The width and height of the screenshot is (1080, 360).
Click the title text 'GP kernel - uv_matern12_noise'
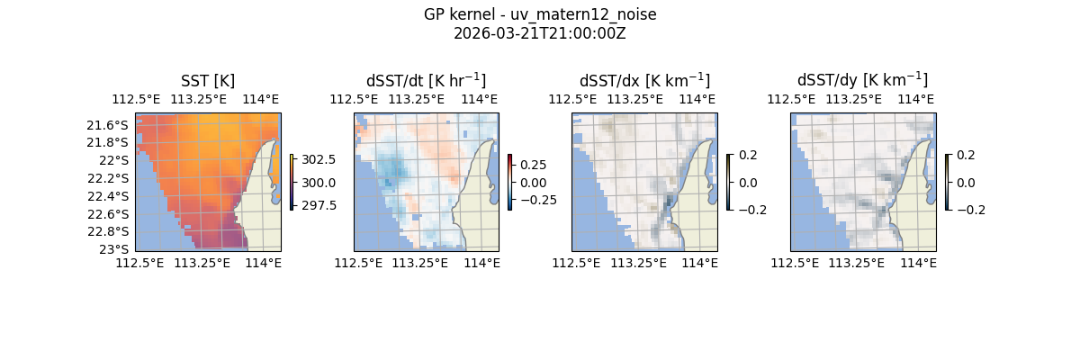tap(540, 15)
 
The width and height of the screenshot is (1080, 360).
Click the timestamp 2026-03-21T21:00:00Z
tap(540, 34)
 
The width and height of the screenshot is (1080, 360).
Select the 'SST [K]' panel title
tap(208, 81)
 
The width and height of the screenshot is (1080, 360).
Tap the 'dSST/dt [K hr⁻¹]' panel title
tap(426, 80)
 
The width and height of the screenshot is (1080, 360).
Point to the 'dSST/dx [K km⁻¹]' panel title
tap(644, 80)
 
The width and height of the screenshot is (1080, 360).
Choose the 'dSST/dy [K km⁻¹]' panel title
tap(862, 80)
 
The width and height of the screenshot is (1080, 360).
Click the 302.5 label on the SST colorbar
tap(318, 159)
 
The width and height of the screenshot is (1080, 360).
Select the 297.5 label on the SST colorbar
tap(318, 205)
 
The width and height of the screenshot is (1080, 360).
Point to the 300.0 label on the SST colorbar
tap(318, 183)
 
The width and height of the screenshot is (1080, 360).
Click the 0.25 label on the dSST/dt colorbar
tap(533, 166)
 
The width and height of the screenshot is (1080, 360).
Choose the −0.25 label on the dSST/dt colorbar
tap(536, 200)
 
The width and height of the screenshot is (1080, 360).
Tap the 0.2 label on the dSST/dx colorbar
tap(748, 155)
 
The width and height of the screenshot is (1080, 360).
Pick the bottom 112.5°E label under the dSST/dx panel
tap(574, 263)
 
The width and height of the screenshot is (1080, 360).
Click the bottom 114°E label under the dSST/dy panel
tap(920, 263)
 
